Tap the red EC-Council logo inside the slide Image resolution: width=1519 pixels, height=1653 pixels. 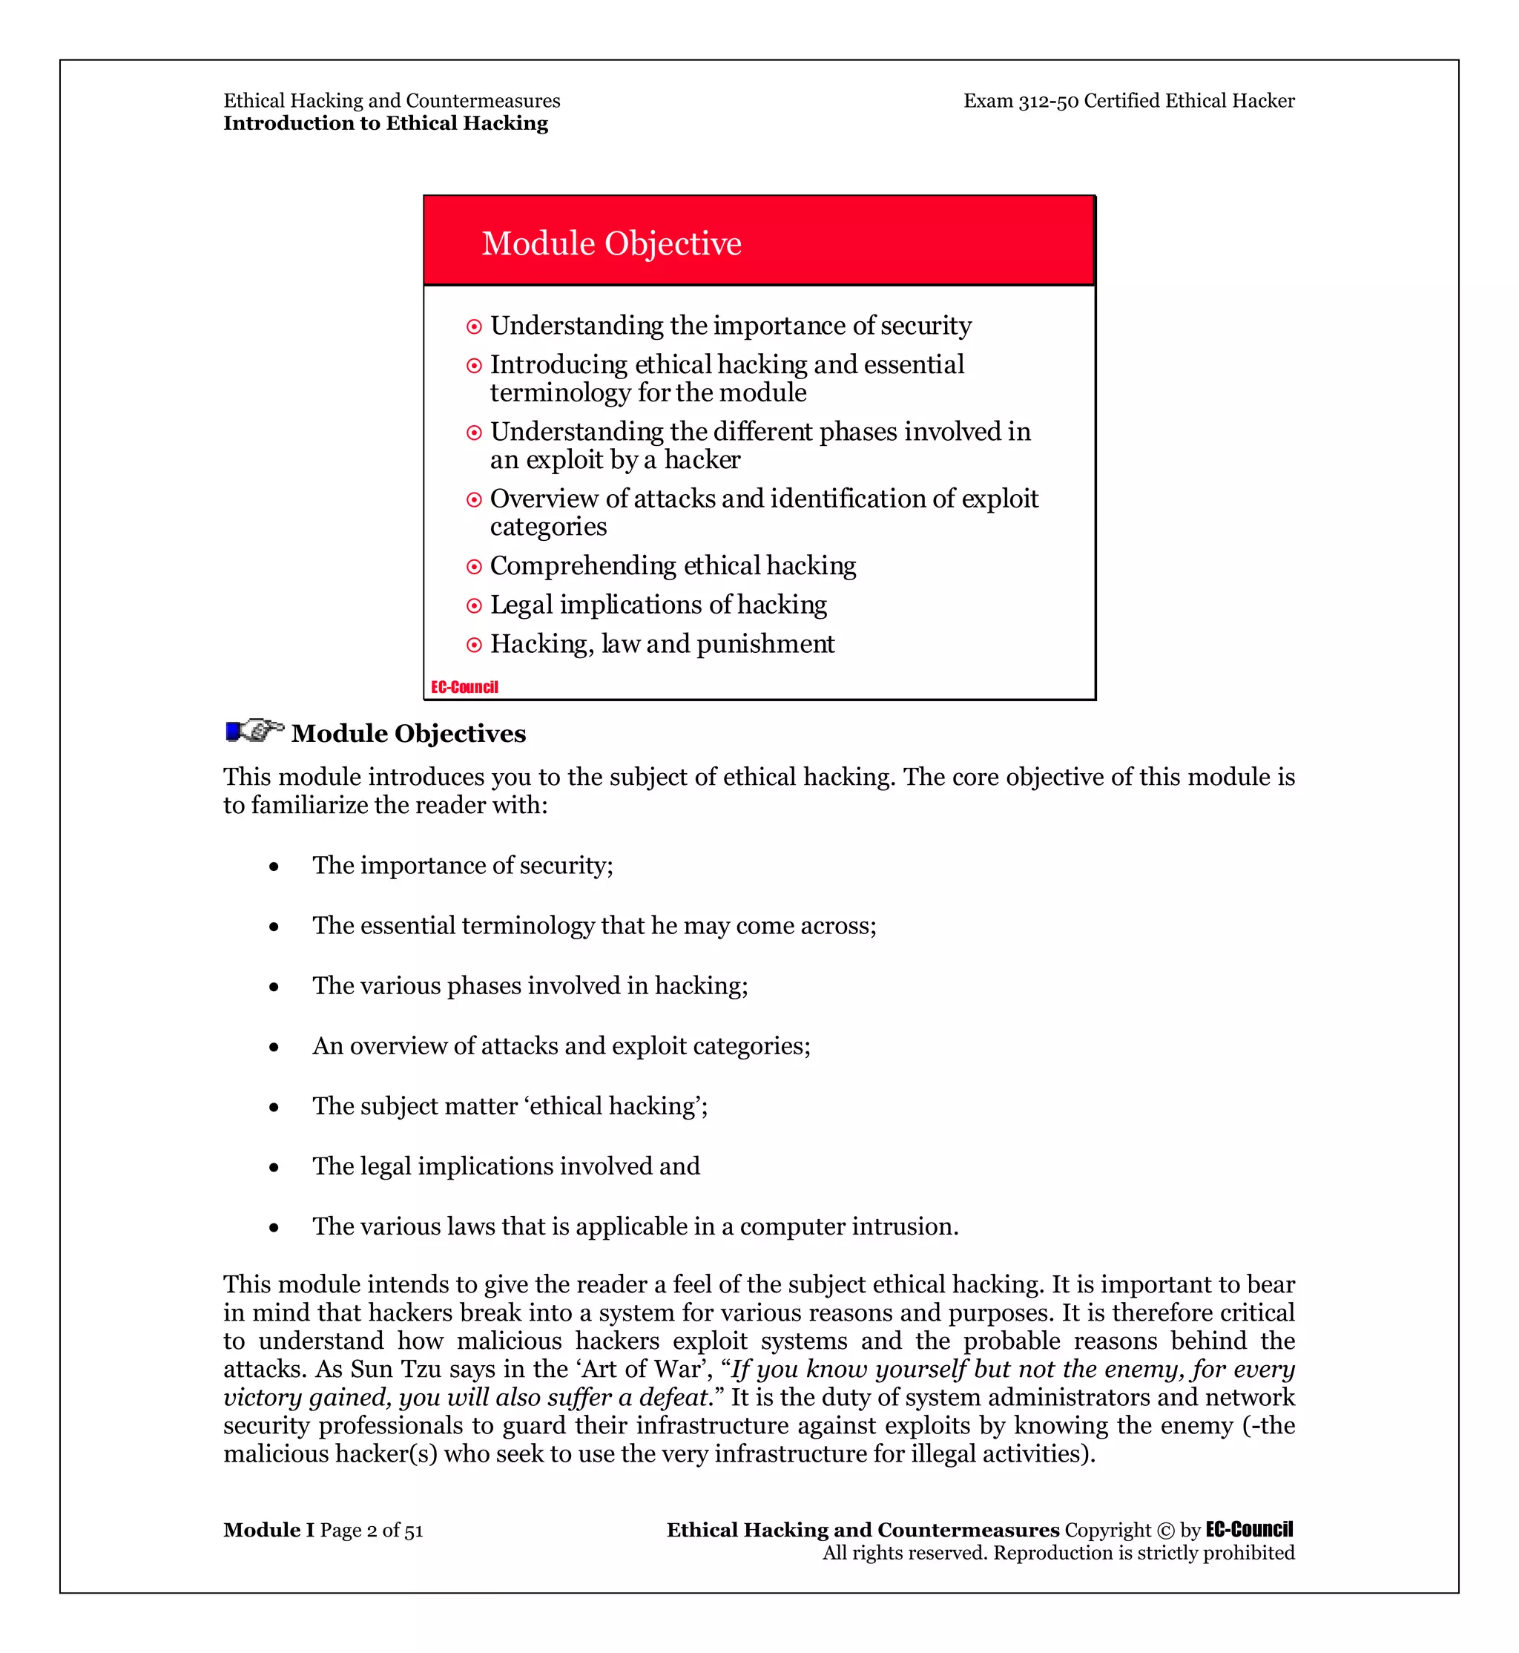click(464, 687)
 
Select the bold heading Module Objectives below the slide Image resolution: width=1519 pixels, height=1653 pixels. click(409, 734)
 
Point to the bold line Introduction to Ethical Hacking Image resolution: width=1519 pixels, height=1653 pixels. click(386, 123)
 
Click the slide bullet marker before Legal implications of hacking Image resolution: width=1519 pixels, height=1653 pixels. click(474, 606)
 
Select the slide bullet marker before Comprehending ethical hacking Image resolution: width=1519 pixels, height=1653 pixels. click(474, 567)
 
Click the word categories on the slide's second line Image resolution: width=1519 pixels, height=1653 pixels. click(548, 528)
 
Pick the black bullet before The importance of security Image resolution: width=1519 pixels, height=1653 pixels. click(274, 867)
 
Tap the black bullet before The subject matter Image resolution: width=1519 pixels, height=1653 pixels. click(274, 1108)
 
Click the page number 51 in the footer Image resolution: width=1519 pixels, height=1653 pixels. click(413, 1531)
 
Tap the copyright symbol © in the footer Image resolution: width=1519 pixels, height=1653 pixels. click(1165, 1531)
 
